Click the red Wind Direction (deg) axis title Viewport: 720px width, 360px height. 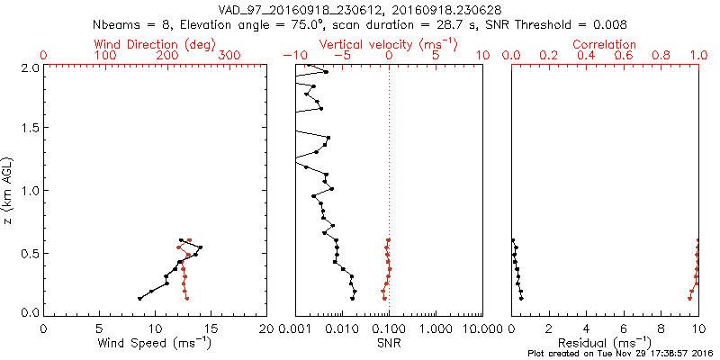click(x=155, y=44)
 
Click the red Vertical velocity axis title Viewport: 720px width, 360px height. click(x=389, y=44)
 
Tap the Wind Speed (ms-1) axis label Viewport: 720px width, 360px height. click(x=155, y=343)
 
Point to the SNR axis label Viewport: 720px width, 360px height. click(x=389, y=343)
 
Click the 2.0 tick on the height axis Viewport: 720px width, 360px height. click(x=30, y=67)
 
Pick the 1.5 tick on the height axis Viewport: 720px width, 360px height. click(x=30, y=129)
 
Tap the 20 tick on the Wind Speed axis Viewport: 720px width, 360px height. click(x=265, y=328)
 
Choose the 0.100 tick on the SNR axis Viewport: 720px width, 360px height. click(x=389, y=328)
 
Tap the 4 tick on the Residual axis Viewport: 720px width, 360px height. click(x=586, y=328)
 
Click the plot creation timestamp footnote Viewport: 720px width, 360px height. click(x=620, y=354)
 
